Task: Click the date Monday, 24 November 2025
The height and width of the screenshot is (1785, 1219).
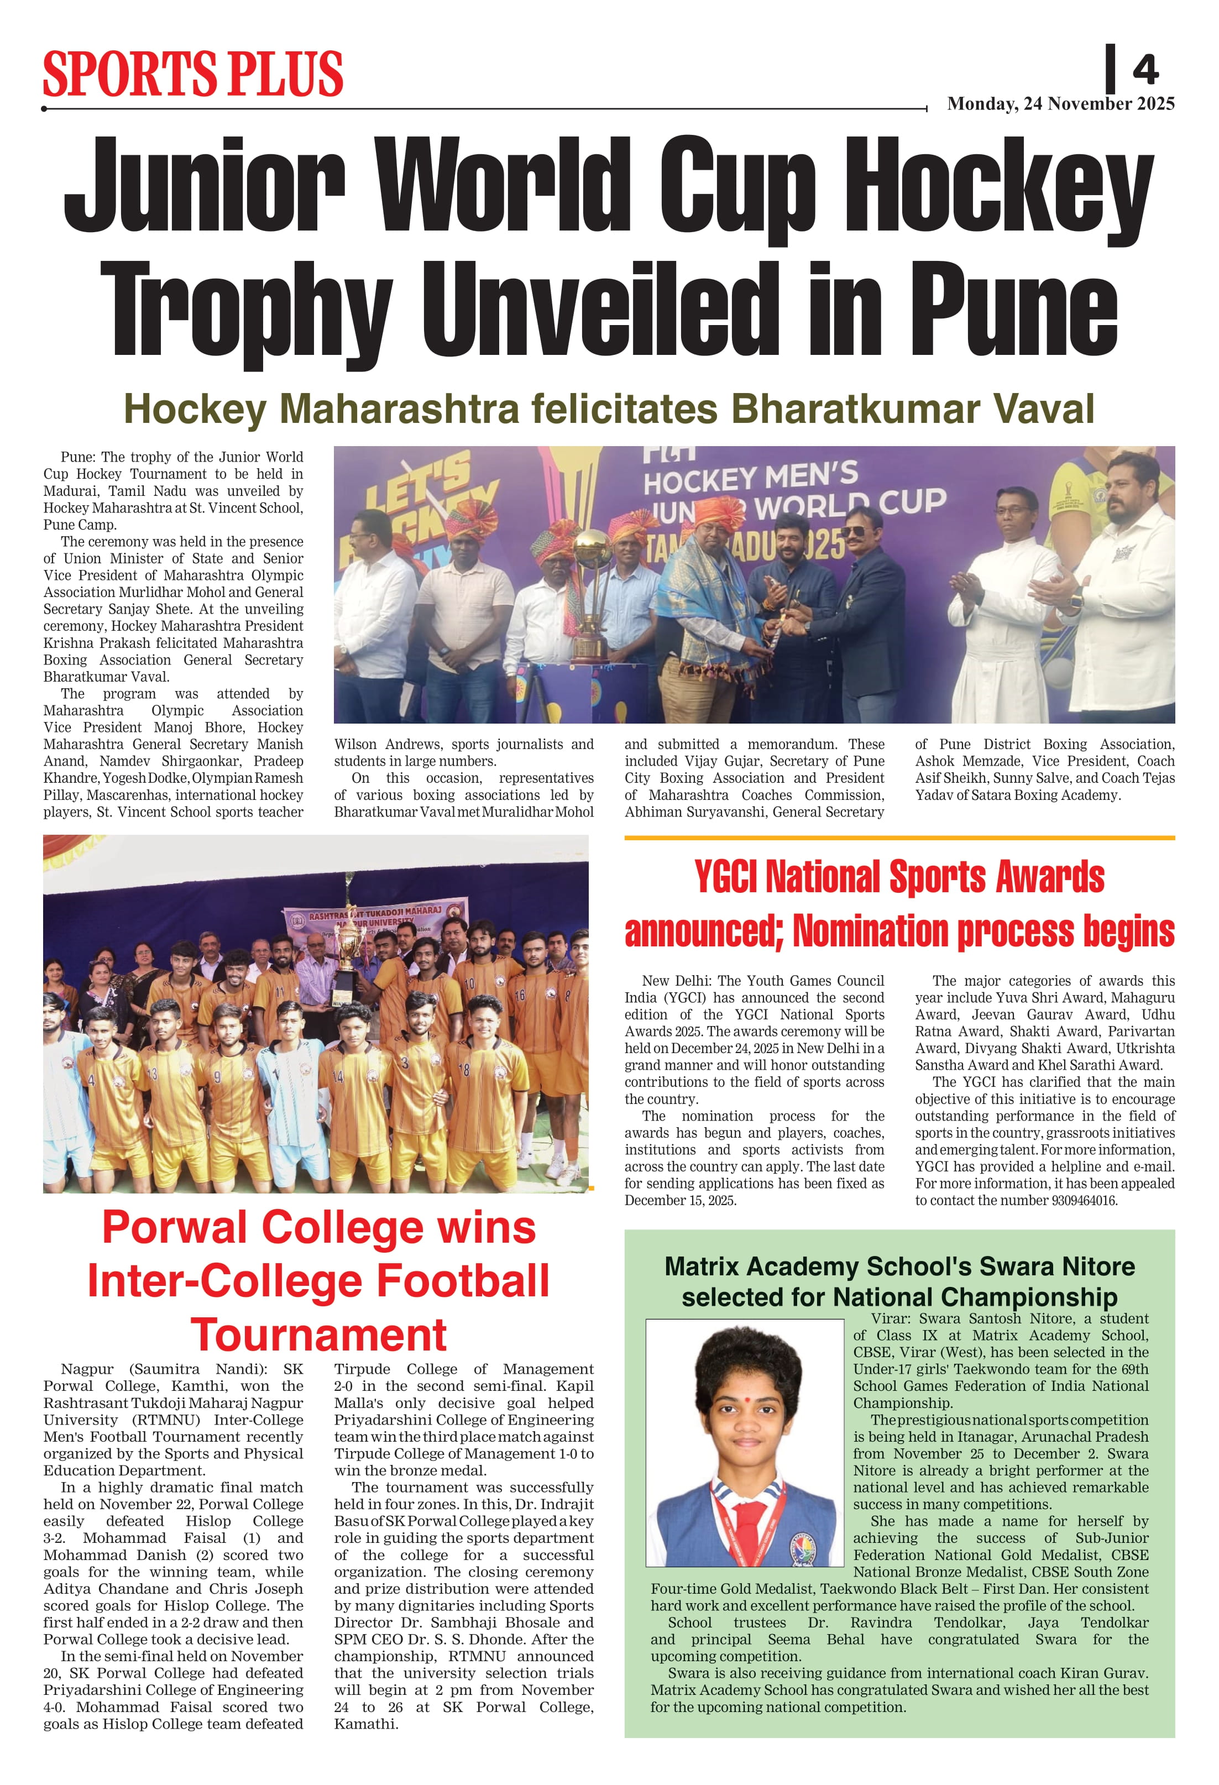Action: tap(1060, 104)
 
